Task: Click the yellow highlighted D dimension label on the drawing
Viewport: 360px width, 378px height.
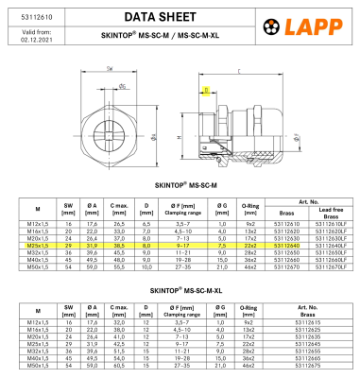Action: point(205,91)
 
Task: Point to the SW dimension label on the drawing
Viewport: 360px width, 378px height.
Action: point(110,68)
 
